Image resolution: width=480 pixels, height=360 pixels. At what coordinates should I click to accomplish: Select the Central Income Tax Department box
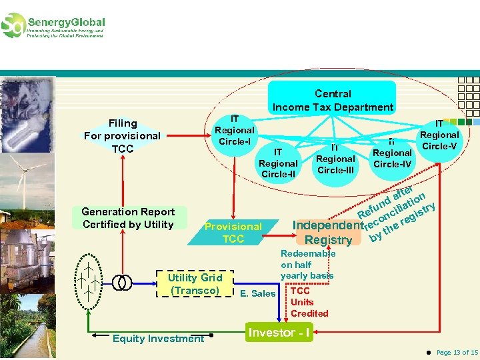(x=333, y=101)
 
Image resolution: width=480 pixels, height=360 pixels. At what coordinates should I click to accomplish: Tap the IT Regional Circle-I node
(x=234, y=131)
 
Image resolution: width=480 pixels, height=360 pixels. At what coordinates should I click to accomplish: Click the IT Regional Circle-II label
(x=278, y=163)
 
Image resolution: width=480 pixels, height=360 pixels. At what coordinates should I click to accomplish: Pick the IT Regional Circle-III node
(x=335, y=159)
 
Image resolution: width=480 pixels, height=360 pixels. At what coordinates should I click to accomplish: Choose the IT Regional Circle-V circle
(x=439, y=135)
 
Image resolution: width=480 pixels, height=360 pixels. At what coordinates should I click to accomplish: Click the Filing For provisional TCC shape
(x=123, y=136)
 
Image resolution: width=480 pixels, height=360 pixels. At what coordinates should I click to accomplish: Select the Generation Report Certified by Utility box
(x=128, y=218)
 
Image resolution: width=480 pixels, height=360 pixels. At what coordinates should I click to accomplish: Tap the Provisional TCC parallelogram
(x=233, y=233)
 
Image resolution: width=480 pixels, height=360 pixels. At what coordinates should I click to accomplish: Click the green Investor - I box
(x=279, y=333)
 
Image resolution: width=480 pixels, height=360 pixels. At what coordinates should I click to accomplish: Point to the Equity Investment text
(x=158, y=339)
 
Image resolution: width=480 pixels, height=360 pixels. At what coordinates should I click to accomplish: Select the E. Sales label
(x=257, y=293)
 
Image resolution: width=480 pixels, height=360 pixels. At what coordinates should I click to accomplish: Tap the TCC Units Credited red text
(x=309, y=302)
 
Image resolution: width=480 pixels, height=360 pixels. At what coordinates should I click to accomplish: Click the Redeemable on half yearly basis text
(x=307, y=265)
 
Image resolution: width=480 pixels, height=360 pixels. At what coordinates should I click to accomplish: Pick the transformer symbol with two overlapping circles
(x=121, y=283)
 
